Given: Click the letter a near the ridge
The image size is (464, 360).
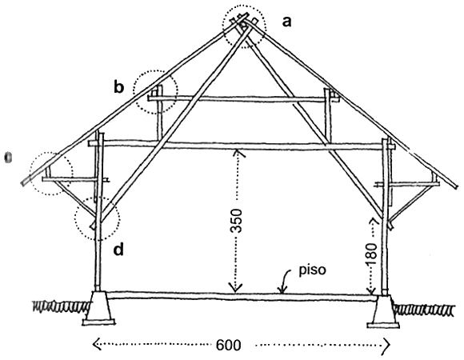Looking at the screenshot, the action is click(286, 22).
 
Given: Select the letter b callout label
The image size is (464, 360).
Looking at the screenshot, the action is click(118, 87).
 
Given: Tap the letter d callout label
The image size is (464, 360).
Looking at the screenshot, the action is click(118, 250).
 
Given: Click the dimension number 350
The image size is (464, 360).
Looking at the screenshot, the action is click(236, 221).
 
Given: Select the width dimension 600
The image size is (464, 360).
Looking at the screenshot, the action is click(228, 345).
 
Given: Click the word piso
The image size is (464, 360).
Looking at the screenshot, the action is click(313, 270).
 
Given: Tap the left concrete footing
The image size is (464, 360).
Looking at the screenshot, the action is click(98, 308).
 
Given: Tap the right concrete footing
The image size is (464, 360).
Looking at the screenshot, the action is click(383, 311).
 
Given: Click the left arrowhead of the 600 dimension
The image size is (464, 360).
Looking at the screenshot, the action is click(94, 345).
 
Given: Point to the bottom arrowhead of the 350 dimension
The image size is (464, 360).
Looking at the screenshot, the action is click(235, 290).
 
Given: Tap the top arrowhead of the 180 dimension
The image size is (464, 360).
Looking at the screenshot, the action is click(374, 221).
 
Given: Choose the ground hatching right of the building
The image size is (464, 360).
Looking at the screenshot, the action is click(424, 310).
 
